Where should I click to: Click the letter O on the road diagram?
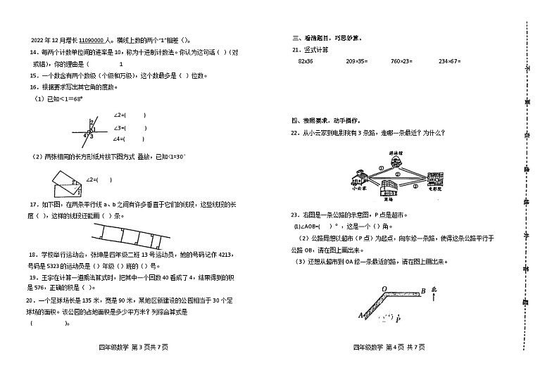(384, 288)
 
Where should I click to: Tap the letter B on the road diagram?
(422, 290)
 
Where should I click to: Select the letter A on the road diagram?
(360, 315)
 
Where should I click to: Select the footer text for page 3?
(134, 347)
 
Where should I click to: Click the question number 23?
(296, 215)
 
